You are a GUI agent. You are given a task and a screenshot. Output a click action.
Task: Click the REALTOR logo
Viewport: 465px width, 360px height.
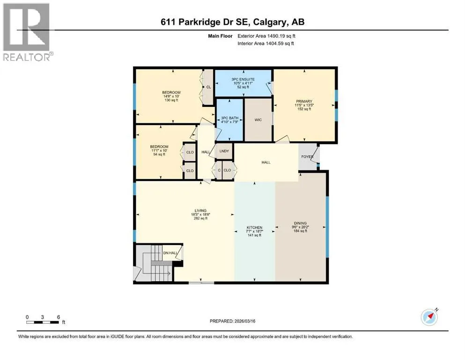[x=27, y=32]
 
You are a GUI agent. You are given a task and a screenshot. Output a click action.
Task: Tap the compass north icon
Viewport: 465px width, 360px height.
[x=429, y=317]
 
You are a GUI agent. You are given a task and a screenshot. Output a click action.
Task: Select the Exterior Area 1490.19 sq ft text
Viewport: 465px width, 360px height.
[x=266, y=36]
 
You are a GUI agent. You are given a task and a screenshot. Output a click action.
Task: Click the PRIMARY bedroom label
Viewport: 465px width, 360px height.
[x=304, y=101]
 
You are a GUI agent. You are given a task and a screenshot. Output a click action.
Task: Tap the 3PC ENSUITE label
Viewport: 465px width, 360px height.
[x=243, y=79]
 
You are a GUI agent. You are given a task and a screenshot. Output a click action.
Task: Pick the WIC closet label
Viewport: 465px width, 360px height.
[x=258, y=120]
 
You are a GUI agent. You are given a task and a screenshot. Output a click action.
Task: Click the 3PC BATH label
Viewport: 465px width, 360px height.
[x=230, y=118]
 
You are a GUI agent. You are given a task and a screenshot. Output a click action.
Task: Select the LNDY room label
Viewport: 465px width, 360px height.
[x=224, y=151]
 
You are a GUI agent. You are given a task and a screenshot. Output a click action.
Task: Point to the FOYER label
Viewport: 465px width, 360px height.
[x=307, y=157]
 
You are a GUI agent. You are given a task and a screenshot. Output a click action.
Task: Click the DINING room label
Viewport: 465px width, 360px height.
[x=301, y=223]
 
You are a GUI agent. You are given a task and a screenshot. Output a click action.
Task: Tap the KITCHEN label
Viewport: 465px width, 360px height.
[x=254, y=227]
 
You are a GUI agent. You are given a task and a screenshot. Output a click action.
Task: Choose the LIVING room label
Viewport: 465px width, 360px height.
[x=200, y=210]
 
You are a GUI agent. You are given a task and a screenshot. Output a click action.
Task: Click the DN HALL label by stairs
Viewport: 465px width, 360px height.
[x=170, y=253]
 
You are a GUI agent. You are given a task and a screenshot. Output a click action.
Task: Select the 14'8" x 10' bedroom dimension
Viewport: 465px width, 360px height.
[x=171, y=96]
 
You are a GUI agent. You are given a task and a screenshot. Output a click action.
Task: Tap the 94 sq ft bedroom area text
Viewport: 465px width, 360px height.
[x=159, y=154]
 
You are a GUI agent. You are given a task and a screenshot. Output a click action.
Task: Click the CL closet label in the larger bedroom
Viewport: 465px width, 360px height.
[x=208, y=87]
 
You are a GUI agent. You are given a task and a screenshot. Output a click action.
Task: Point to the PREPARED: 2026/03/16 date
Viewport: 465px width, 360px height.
[x=232, y=321]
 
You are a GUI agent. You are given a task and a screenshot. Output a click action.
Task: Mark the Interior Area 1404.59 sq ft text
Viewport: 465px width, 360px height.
[x=266, y=43]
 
